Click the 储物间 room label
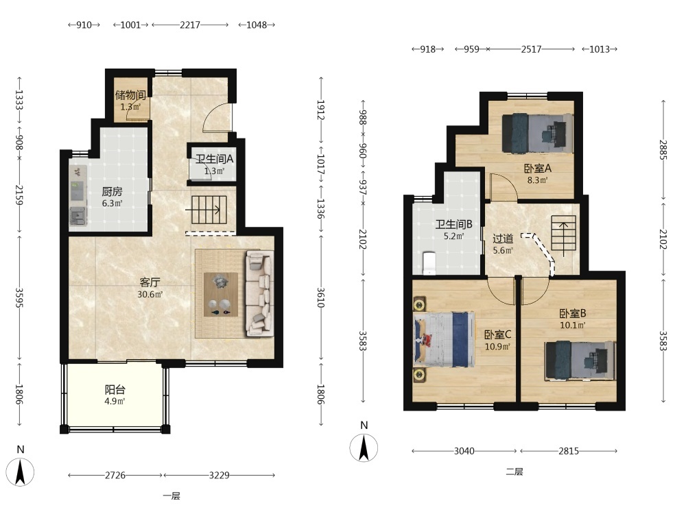[130, 95]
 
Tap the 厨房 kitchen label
[112, 191]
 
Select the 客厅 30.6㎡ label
[150, 288]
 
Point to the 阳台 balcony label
[115, 389]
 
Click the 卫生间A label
[214, 159]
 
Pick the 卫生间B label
[453, 225]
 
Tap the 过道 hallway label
[503, 238]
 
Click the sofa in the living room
[259, 293]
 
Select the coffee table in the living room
[221, 294]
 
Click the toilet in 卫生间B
[429, 262]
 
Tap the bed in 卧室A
[538, 134]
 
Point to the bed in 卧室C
[444, 339]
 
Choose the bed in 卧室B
[580, 361]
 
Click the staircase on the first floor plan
[209, 210]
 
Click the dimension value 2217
[190, 25]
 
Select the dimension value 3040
[464, 451]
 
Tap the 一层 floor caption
[171, 496]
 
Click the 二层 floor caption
[514, 472]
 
